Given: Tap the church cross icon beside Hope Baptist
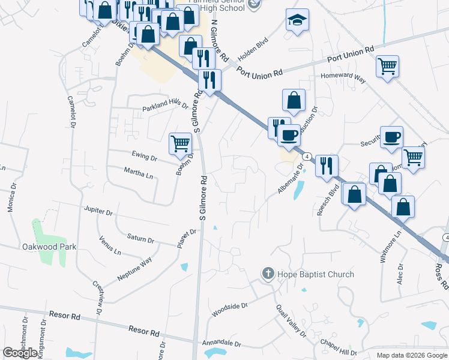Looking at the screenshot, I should pos(268,274).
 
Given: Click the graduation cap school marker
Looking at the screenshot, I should pos(297,20).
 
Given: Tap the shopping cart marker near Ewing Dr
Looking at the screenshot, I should pos(180,144).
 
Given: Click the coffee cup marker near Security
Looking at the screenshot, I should pos(391,137).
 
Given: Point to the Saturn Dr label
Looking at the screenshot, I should pos(140,238).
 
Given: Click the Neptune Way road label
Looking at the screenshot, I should pos(134,268).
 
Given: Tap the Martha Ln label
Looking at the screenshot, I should pos(139,175).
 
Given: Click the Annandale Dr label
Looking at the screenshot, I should pos(222,345).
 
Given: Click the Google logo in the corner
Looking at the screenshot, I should pos(20,353).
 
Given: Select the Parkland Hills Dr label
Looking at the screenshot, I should pos(165,105).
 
